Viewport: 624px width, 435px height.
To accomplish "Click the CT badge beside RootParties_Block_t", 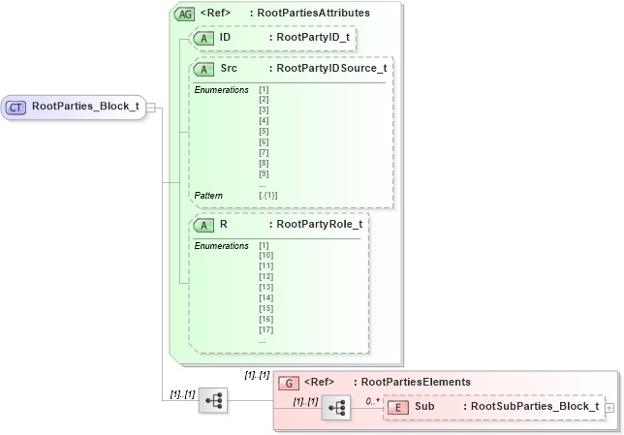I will tap(17, 107).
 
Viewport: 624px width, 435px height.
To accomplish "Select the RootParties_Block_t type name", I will tap(85, 107).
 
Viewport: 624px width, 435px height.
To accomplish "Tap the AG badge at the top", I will tap(184, 15).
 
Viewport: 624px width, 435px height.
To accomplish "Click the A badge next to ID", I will tap(205, 38).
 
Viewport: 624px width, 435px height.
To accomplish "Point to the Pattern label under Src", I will tap(208, 195).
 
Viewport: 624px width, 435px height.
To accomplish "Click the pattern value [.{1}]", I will tap(268, 195).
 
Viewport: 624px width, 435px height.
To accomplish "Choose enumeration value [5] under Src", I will tap(264, 130).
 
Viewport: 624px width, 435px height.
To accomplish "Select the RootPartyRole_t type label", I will tap(319, 225).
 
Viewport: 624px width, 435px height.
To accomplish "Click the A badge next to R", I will tap(205, 225).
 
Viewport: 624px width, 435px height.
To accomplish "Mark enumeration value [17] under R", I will tap(266, 329).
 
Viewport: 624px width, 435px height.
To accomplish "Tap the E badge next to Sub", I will tap(398, 408).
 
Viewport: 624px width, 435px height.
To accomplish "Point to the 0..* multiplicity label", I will tap(372, 399).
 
